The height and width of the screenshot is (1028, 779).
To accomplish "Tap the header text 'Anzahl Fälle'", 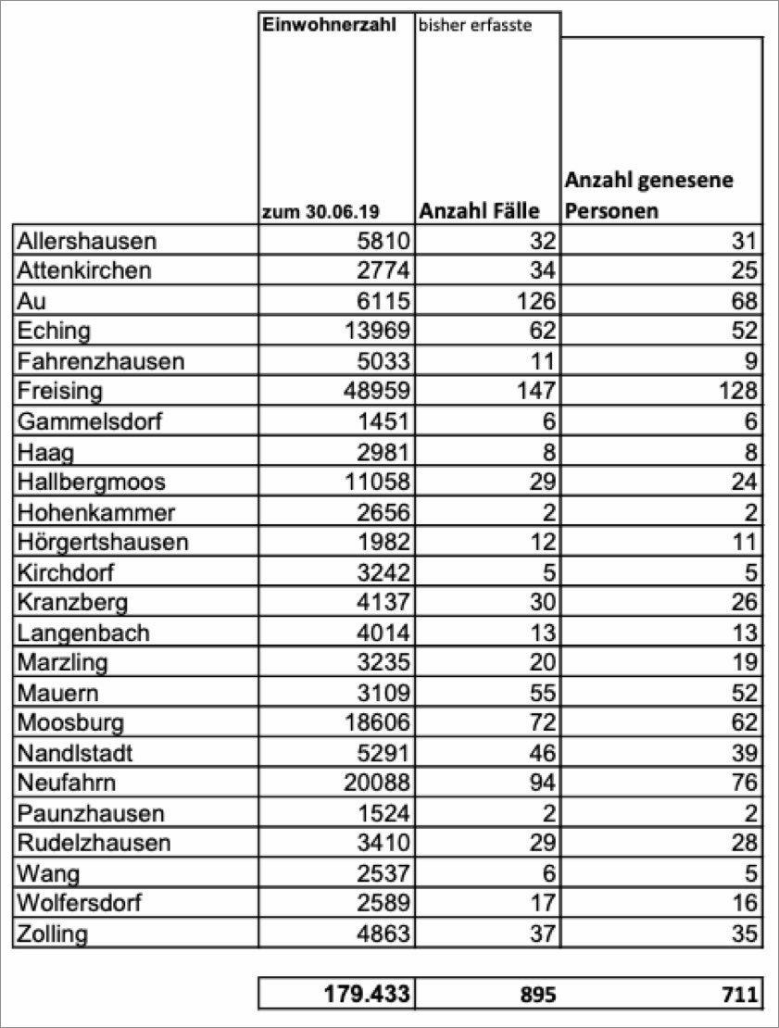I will [x=479, y=211].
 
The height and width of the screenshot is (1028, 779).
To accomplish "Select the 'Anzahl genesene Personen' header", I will [x=648, y=194].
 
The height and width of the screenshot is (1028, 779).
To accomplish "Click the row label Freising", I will [x=59, y=391].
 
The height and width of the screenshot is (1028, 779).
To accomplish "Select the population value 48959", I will [x=371, y=391].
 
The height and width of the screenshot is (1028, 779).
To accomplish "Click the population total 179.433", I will [x=359, y=995].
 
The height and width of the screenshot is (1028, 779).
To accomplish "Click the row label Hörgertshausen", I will [x=102, y=542].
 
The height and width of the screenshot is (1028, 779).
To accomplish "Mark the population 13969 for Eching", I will [x=371, y=331].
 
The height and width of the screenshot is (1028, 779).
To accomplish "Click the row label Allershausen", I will [x=87, y=241].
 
